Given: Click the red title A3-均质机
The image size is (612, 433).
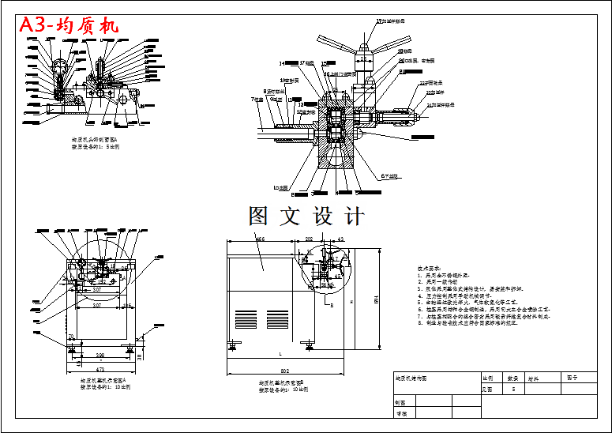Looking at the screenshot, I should [x=69, y=25].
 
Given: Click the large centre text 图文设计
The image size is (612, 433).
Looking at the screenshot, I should [x=306, y=215].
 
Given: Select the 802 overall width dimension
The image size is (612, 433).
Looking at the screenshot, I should [x=285, y=371].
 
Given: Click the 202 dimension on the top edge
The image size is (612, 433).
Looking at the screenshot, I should [x=310, y=238].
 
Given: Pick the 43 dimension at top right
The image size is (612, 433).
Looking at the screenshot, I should [x=341, y=238].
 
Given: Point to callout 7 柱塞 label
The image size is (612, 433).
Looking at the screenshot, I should [x=258, y=100].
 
